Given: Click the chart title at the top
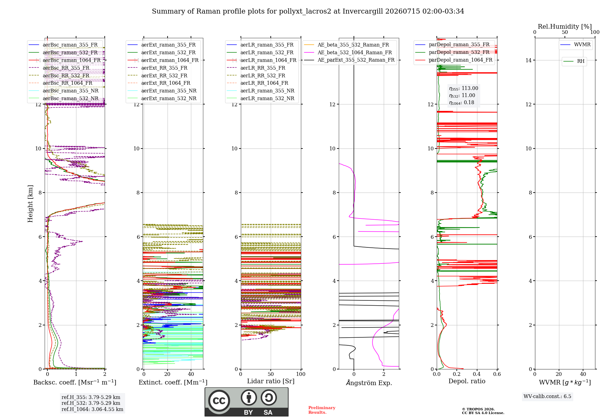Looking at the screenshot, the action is [308, 11].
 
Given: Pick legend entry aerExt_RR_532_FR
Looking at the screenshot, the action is [164, 75].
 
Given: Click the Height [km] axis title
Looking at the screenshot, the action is [30, 204].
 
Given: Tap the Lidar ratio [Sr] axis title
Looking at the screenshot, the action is [271, 381].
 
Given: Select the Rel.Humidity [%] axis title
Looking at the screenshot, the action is [565, 26].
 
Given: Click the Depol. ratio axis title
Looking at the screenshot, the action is [467, 381].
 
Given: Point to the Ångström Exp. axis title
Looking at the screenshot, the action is [369, 383].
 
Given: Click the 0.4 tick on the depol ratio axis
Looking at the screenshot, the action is [477, 374].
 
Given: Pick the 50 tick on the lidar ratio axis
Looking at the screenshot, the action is [271, 374].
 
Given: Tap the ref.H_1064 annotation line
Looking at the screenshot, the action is [92, 409].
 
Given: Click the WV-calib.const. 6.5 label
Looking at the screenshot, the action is [547, 397].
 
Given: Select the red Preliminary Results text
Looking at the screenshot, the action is [322, 410].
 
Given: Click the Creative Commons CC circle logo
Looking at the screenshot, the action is [219, 401].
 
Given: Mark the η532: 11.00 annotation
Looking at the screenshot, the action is [462, 96].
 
